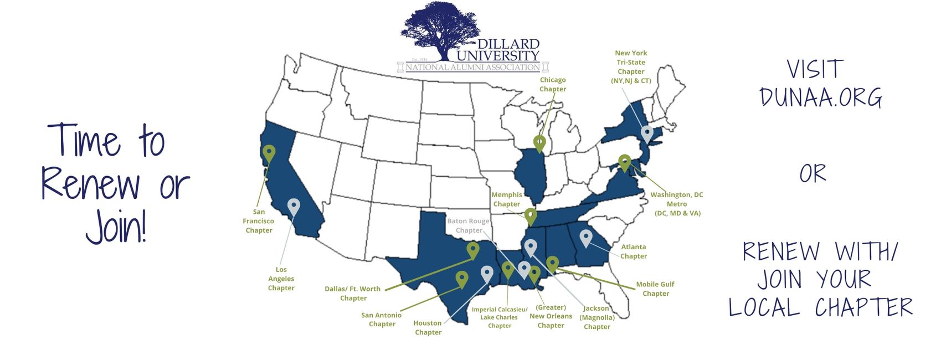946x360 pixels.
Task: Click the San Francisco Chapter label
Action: click(x=259, y=221)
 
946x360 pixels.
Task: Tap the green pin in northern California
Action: click(x=269, y=153)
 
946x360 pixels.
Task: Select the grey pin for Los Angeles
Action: click(x=294, y=207)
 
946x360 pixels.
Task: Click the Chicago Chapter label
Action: click(x=552, y=85)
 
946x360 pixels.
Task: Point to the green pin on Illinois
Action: click(x=539, y=142)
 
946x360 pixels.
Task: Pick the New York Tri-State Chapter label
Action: click(x=631, y=67)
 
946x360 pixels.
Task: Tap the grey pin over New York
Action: click(x=646, y=133)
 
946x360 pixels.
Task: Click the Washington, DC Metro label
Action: click(x=677, y=204)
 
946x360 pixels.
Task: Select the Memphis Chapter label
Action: click(x=506, y=199)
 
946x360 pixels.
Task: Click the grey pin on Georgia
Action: click(x=585, y=238)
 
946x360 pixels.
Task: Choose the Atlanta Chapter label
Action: click(x=633, y=251)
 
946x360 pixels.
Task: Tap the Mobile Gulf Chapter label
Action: click(x=655, y=289)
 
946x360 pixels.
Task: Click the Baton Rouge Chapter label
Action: click(x=469, y=226)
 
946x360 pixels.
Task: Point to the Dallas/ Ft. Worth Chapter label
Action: click(x=353, y=294)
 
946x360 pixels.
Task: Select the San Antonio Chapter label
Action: click(x=382, y=320)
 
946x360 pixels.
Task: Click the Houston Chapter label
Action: click(x=428, y=328)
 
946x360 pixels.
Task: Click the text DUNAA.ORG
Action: click(x=820, y=98)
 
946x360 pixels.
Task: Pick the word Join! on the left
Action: click(x=116, y=227)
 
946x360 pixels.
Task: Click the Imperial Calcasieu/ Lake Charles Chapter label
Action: click(x=499, y=318)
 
